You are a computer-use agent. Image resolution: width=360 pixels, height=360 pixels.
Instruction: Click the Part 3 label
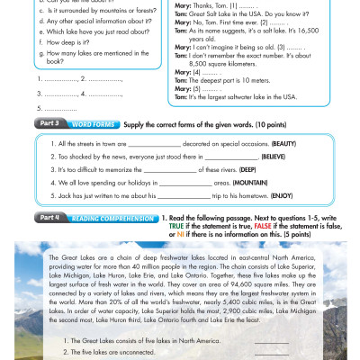click(x=46, y=121)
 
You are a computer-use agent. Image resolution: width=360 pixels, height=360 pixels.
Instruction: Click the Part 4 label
click(x=46, y=218)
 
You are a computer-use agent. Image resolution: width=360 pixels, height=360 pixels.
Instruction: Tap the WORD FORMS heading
click(x=89, y=121)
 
